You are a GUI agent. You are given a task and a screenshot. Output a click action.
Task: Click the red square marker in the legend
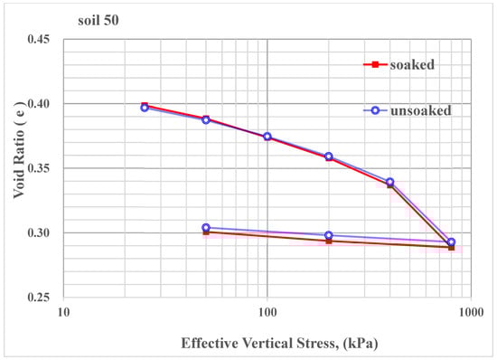point(370,65)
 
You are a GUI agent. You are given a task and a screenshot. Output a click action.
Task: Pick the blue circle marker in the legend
point(370,109)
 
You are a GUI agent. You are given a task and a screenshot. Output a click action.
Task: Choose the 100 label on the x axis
point(267,313)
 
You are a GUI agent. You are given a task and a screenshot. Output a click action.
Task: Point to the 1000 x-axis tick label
point(469,313)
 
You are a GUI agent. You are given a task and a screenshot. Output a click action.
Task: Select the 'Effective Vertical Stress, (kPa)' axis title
point(267,343)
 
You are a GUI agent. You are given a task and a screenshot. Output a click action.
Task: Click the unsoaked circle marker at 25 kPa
point(145,108)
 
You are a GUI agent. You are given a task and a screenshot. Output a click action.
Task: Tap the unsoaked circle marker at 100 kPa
point(267,137)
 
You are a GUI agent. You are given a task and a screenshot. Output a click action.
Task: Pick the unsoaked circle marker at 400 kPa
point(389,182)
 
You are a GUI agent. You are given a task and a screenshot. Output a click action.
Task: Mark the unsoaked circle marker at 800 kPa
point(451,242)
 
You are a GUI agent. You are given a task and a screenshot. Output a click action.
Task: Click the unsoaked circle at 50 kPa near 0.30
point(206,228)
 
